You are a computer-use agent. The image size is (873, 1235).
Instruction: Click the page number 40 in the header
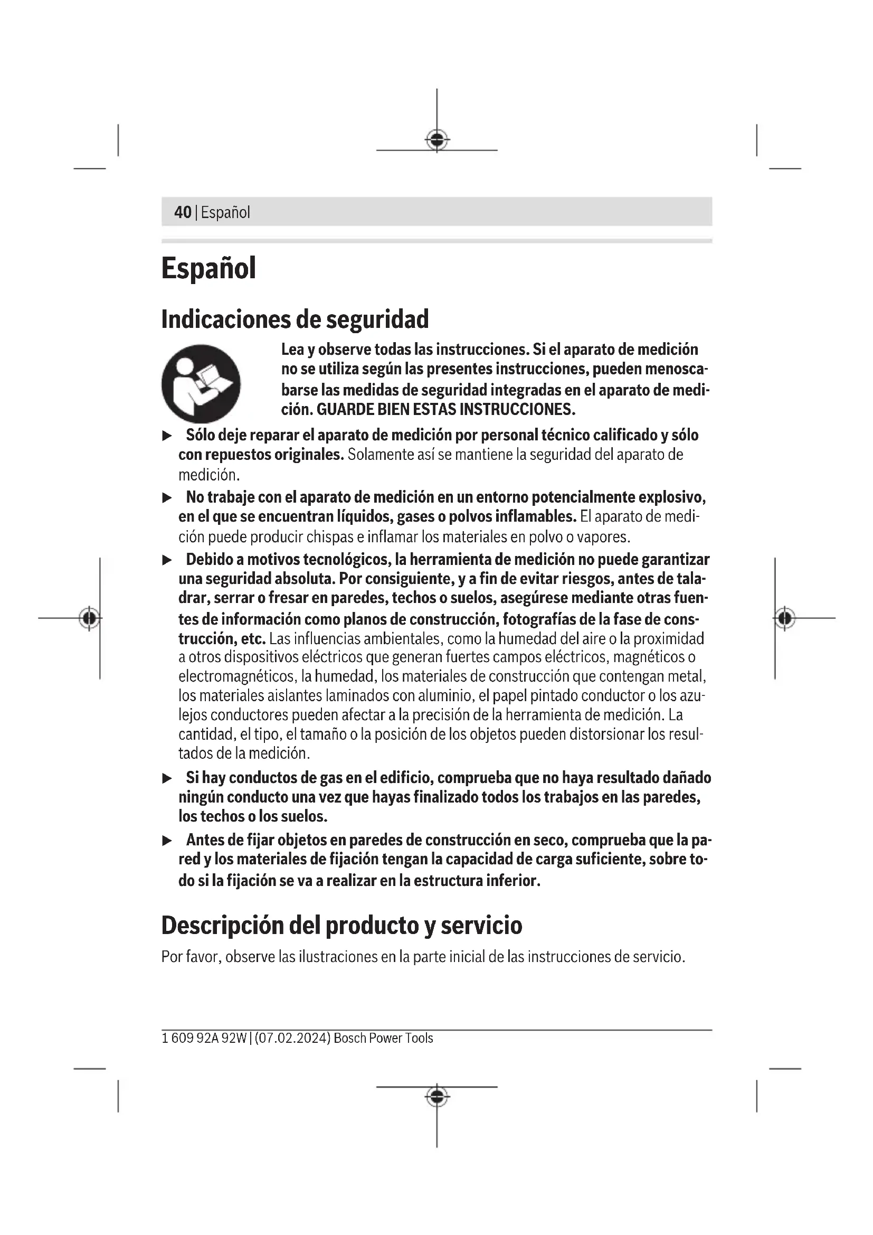[x=183, y=212]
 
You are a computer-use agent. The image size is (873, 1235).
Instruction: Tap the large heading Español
[x=208, y=268]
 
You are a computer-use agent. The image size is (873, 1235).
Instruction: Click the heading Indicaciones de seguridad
[x=295, y=319]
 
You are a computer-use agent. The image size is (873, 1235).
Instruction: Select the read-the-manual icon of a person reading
[x=201, y=383]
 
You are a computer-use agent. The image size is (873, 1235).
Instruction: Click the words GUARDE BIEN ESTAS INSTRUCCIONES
[x=445, y=409]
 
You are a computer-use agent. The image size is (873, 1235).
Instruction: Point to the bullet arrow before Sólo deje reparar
[x=167, y=435]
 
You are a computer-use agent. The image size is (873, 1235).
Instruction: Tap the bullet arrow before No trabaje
[x=167, y=497]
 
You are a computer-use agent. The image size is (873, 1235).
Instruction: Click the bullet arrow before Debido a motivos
[x=167, y=560]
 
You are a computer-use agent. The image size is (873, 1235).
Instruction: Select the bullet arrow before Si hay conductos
[x=167, y=778]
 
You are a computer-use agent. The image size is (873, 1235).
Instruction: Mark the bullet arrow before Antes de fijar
[x=167, y=840]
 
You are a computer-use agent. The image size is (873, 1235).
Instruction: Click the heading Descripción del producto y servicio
[x=341, y=925]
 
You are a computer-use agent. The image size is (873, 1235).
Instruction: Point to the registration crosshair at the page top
[x=437, y=140]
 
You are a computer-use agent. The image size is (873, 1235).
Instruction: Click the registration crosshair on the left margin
[x=89, y=618]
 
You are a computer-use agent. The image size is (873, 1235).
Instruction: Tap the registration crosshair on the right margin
[x=785, y=618]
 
